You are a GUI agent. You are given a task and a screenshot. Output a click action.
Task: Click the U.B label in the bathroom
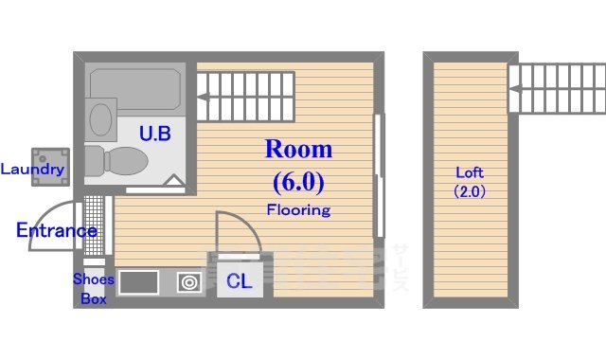[x=155, y=134]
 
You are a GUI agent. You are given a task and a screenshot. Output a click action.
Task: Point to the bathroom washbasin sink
[x=100, y=119]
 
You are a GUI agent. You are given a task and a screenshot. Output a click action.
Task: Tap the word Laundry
[x=32, y=171]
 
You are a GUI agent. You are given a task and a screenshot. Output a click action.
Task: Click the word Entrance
[x=56, y=230]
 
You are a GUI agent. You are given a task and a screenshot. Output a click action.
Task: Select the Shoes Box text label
[x=94, y=289]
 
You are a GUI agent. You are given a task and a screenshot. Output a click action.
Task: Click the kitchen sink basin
[x=138, y=282]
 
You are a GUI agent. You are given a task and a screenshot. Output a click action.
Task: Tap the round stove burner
[x=188, y=281]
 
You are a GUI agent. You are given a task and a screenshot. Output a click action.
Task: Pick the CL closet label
[x=239, y=280]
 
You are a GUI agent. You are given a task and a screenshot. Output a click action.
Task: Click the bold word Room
[x=298, y=149]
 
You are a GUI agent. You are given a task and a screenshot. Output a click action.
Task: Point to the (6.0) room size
[x=298, y=180]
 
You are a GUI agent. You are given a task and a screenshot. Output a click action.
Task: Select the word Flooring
[x=298, y=209]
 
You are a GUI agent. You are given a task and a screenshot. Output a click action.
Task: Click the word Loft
[x=470, y=172]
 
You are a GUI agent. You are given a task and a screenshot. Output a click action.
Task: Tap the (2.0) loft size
[x=470, y=190]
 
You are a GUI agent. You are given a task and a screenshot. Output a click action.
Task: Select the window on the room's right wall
[x=380, y=175]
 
